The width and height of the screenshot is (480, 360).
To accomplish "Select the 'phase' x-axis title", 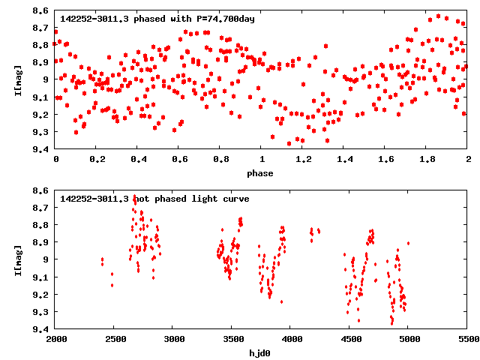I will (x=262, y=173).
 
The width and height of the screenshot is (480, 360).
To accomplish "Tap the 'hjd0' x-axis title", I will (x=262, y=352).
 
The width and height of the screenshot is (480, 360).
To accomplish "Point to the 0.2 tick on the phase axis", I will (x=97, y=160).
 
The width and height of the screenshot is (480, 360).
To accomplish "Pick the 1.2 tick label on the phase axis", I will (x=303, y=160).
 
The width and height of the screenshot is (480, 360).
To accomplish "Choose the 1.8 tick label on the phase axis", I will (x=427, y=160).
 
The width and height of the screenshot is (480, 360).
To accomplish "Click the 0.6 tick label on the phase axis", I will (x=179, y=160).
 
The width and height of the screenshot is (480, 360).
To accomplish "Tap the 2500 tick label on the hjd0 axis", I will (x=115, y=340).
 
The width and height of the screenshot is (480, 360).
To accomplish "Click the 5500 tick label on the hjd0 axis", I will (x=468, y=340).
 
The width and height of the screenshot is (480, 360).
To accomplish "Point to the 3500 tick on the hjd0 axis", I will (x=232, y=340).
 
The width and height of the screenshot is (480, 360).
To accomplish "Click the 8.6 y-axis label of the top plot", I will (x=41, y=11).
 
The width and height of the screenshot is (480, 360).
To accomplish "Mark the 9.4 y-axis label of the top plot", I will (x=41, y=149).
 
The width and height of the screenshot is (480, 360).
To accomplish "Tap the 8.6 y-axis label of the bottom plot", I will (x=41, y=190).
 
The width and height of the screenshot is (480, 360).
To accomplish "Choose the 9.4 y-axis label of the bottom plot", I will (x=41, y=329).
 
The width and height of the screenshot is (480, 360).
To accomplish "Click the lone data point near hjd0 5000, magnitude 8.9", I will (x=408, y=243).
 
